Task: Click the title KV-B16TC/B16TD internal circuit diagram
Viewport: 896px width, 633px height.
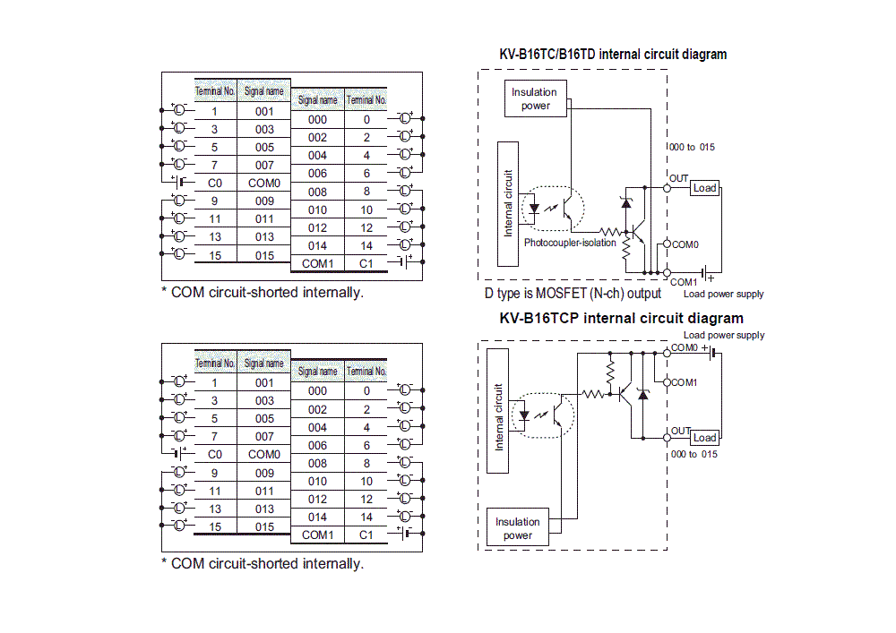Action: pos(613,55)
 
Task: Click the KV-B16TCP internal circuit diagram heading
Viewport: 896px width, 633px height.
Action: pos(621,318)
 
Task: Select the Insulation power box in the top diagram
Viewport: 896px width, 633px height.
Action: pos(534,98)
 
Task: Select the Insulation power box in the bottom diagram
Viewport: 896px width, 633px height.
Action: pos(518,528)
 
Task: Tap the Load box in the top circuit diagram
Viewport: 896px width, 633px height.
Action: pos(705,188)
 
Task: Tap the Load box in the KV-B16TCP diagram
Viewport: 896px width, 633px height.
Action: pos(705,437)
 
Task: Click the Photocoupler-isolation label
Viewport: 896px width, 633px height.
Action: pos(570,243)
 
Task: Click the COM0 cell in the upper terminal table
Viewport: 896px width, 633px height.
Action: pos(264,183)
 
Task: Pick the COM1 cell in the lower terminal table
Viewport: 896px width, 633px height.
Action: pos(317,535)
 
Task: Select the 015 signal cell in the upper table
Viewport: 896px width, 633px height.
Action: pos(264,255)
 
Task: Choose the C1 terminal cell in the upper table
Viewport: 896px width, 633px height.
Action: pos(366,263)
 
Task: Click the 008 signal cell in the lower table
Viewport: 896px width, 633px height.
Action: pos(317,463)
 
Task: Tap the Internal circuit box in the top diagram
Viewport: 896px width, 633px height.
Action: pos(508,202)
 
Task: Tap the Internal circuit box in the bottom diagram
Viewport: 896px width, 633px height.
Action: pos(498,416)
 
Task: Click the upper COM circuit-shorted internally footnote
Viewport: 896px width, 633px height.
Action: pos(263,292)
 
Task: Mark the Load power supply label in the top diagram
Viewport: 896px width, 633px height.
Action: pos(723,294)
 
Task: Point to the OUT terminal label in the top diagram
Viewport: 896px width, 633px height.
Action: pos(679,178)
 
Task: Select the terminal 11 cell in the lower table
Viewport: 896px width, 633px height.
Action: pos(215,491)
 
